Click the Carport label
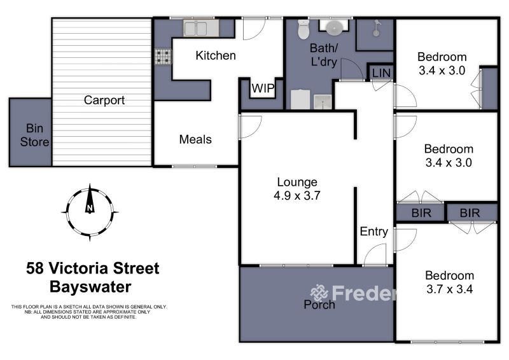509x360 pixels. pyautogui.click(x=104, y=100)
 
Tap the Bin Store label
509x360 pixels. pyautogui.click(x=34, y=135)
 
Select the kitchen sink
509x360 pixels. pyautogui.click(x=195, y=29)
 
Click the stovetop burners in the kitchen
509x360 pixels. pyautogui.click(x=163, y=57)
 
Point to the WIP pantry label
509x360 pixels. pyautogui.click(x=263, y=88)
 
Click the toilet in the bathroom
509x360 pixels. pyautogui.click(x=303, y=29)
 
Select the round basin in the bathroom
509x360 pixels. pyautogui.click(x=333, y=28)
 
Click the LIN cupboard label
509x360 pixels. pyautogui.click(x=381, y=73)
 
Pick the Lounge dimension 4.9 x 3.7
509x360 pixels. pyautogui.click(x=297, y=195)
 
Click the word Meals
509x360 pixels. pyautogui.click(x=195, y=139)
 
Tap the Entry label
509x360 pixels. pyautogui.click(x=374, y=232)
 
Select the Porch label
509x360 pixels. pyautogui.click(x=319, y=305)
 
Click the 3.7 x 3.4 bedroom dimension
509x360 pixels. pyautogui.click(x=450, y=289)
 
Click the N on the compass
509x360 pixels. pyautogui.click(x=90, y=208)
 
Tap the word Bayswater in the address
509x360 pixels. pyautogui.click(x=90, y=287)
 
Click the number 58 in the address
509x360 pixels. pyautogui.click(x=35, y=268)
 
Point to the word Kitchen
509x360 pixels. pyautogui.click(x=216, y=55)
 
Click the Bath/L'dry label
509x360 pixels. pyautogui.click(x=324, y=55)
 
